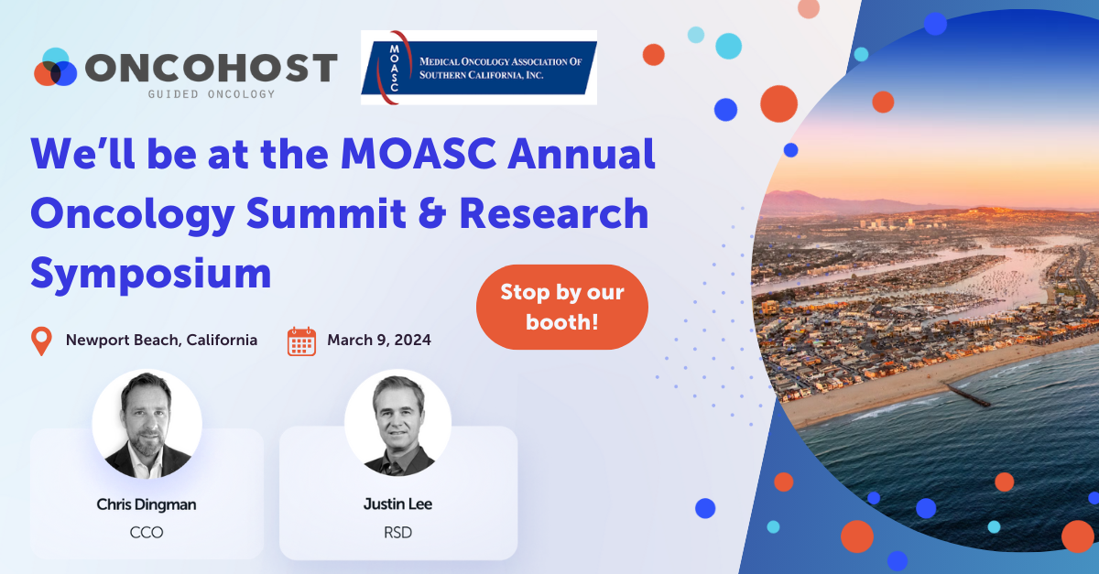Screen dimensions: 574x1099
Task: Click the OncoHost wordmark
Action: pos(211,68)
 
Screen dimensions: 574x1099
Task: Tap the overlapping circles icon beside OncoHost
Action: pos(56,69)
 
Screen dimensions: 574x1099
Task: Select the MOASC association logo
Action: pos(478,67)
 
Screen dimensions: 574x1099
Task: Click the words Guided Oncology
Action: pos(212,93)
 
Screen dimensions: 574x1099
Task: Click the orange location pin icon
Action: pos(42,341)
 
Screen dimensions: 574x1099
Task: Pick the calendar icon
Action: pos(301,341)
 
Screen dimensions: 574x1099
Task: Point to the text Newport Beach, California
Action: pos(161,340)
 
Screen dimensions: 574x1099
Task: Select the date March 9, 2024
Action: pos(379,340)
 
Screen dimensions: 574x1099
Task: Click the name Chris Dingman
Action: pos(147,504)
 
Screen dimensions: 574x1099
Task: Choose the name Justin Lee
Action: pos(397,504)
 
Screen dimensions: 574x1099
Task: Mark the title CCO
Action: pos(147,532)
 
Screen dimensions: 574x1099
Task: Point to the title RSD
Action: pos(397,532)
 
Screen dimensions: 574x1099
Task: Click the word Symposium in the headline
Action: pos(151,273)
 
